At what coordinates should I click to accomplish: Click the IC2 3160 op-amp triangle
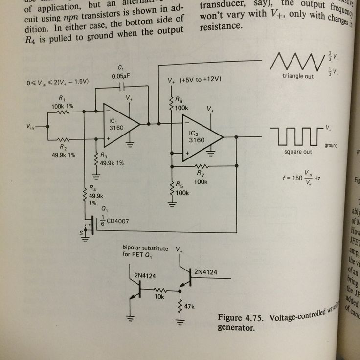tap(199, 136)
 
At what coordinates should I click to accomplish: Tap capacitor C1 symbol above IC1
tap(122, 86)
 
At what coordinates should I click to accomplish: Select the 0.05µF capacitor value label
tap(121, 76)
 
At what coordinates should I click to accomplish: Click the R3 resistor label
tap(112, 159)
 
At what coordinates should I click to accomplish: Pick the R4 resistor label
tap(95, 195)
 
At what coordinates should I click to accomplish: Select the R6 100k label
tap(182, 103)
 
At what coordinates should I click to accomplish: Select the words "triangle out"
tap(298, 77)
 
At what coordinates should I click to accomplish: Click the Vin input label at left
tap(32, 127)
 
